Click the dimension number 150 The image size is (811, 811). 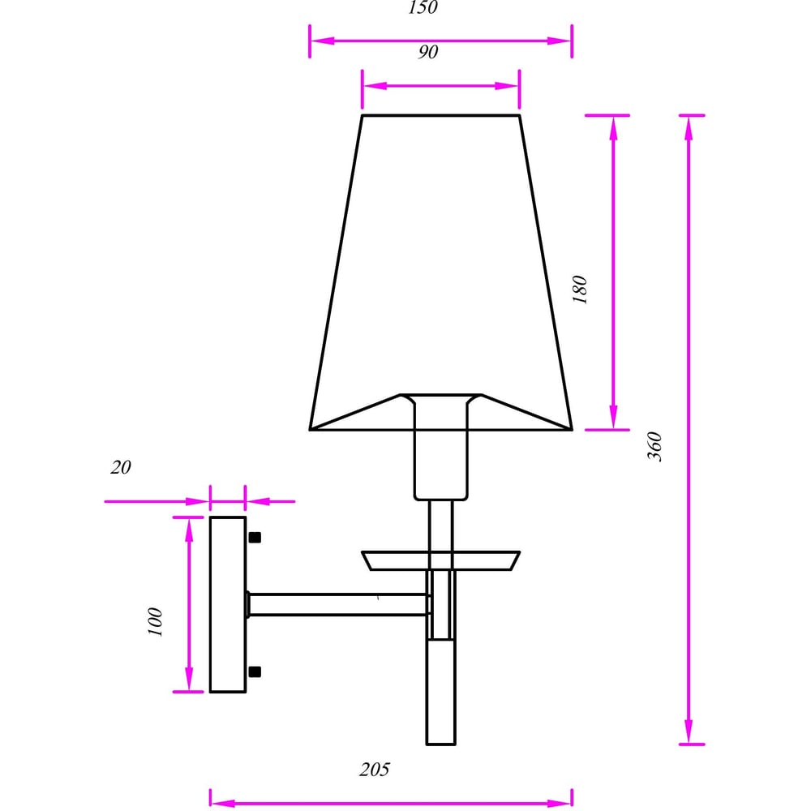click(423, 7)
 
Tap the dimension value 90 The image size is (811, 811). click(427, 52)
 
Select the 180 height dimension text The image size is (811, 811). click(581, 290)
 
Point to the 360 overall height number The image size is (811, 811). click(654, 446)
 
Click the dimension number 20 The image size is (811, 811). click(121, 467)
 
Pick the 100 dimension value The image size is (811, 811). click(155, 622)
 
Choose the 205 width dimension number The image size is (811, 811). click(375, 769)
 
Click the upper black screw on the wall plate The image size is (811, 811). click(255, 538)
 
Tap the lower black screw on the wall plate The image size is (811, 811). click(255, 672)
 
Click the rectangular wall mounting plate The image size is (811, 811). click(228, 604)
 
